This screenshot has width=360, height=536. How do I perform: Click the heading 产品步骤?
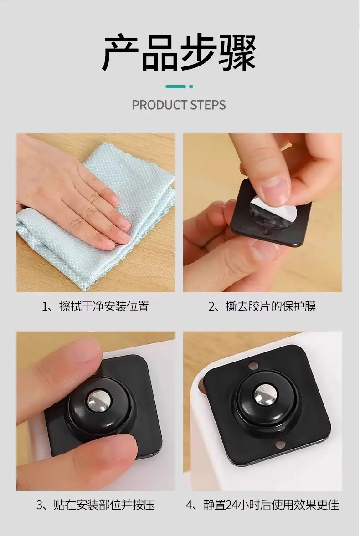[180, 52]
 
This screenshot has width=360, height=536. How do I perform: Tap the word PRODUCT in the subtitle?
[159, 105]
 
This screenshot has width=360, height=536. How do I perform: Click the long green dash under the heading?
[175, 87]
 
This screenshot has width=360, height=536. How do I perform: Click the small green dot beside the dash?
[191, 87]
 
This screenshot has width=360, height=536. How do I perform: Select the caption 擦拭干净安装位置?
[104, 306]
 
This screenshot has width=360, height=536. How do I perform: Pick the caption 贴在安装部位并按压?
[104, 505]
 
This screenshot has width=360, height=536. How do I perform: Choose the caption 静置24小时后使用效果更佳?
[271, 505]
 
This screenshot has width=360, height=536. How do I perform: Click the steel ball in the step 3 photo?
[99, 400]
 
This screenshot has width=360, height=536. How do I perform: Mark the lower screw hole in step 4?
[280, 444]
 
